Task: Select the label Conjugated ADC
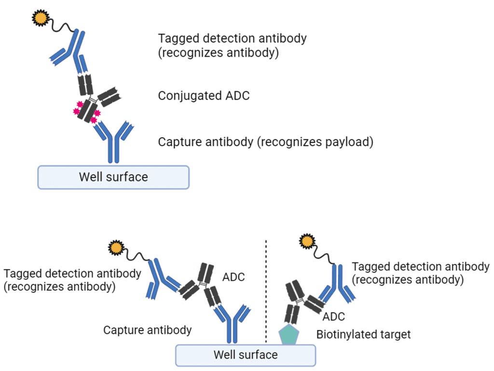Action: [x=204, y=95]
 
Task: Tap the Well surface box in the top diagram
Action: [x=113, y=177]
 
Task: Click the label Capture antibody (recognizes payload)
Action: [x=266, y=142]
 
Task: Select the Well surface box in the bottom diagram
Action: [x=246, y=355]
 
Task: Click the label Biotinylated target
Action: [x=363, y=334]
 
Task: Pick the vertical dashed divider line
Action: [x=266, y=289]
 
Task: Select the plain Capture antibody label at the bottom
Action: [x=147, y=330]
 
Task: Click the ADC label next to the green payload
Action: [x=233, y=277]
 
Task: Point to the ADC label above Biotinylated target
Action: [x=333, y=317]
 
